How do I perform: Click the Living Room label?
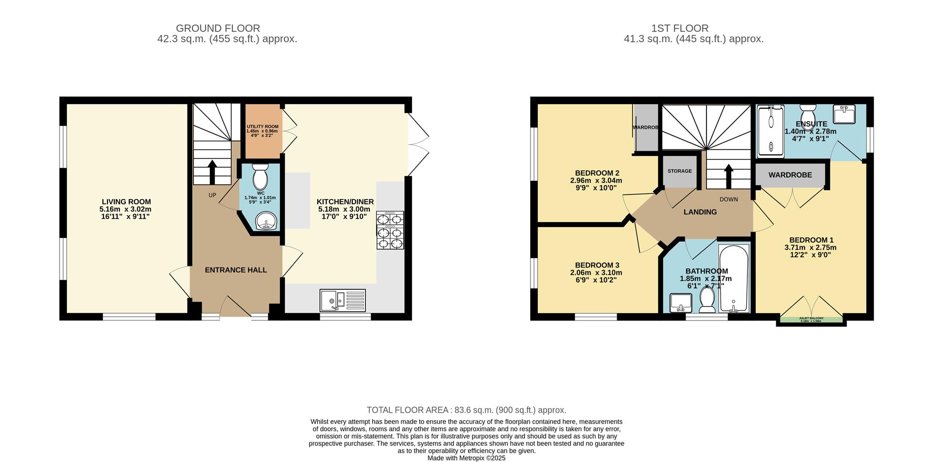126,201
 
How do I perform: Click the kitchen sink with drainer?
342,300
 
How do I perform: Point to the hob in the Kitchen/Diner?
390,231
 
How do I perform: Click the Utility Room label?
262,126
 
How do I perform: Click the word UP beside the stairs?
212,195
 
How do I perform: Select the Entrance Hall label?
236,270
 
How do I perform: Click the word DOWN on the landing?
728,199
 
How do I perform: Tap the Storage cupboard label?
679,171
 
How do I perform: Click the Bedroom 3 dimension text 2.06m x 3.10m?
596,273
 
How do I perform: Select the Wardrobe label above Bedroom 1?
790,175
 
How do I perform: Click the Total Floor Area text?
466,410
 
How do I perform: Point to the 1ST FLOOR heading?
679,28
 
